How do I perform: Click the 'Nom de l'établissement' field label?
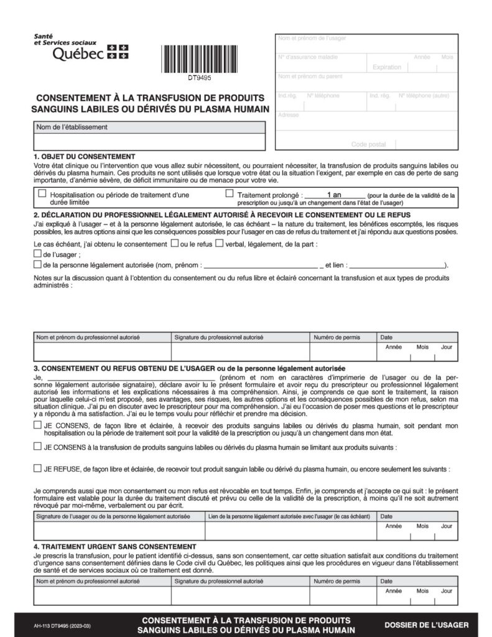click(x=72, y=127)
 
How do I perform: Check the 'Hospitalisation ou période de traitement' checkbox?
click(x=42, y=194)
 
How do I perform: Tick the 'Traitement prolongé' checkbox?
click(x=230, y=194)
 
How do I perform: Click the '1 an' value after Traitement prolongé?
click(x=334, y=195)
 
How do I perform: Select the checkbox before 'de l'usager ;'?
click(x=37, y=254)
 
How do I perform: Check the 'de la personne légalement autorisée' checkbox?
click(x=37, y=264)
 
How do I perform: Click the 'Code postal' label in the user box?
click(x=368, y=144)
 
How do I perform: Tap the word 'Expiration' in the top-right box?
click(x=386, y=67)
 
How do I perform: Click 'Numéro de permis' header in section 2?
click(x=337, y=337)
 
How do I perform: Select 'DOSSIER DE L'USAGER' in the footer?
click(x=426, y=625)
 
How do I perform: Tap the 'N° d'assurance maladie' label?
click(x=308, y=58)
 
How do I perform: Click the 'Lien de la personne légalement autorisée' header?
click(x=290, y=516)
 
